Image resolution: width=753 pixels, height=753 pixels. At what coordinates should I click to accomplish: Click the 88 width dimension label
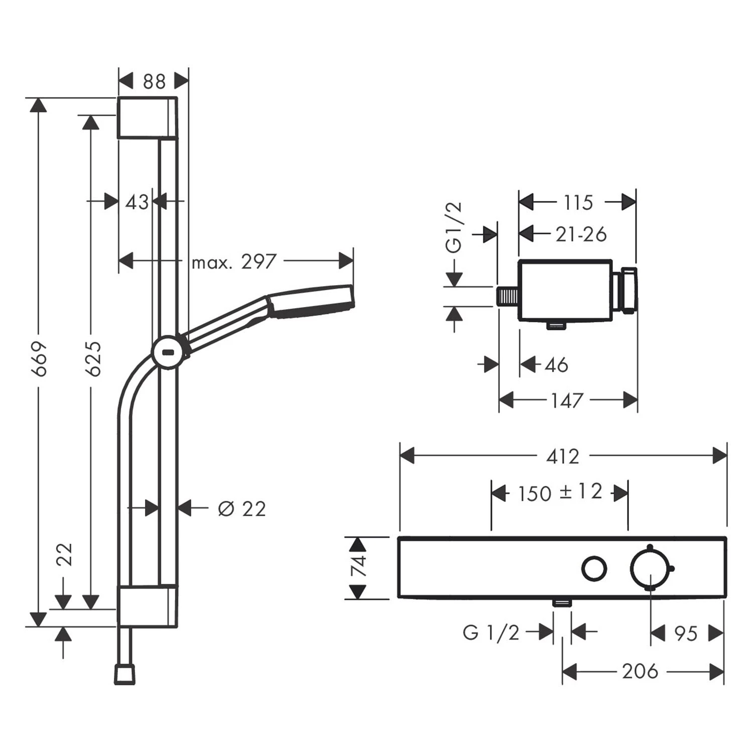[x=154, y=81]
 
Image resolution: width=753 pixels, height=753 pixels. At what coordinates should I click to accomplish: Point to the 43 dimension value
[x=137, y=202]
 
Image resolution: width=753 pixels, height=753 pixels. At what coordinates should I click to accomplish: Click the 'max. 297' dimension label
[x=234, y=262]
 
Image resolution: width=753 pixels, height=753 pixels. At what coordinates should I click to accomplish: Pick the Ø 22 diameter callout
[x=241, y=509]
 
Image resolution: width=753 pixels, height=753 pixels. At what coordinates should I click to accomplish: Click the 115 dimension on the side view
[x=578, y=203]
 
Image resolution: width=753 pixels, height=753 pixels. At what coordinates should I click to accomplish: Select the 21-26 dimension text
[x=581, y=234]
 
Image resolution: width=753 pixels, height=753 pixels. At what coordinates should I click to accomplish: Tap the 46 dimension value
[x=556, y=365]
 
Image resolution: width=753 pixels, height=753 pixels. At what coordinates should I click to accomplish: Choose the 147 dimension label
[x=567, y=401]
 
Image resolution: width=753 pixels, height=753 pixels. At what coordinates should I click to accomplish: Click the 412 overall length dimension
[x=562, y=456]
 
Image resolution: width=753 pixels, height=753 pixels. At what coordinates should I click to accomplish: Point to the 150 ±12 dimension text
[x=560, y=492]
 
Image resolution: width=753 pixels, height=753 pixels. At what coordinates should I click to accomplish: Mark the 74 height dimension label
[x=359, y=567]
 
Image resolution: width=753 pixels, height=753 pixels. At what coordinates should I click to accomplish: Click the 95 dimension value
[x=686, y=634]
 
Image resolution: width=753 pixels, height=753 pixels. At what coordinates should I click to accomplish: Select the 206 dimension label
[x=640, y=671]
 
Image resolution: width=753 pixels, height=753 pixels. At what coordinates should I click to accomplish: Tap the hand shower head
[x=312, y=301]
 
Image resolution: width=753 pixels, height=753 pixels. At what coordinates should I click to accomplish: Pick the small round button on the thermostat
[x=594, y=569]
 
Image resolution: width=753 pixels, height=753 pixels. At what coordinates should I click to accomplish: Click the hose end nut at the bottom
[x=124, y=674]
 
